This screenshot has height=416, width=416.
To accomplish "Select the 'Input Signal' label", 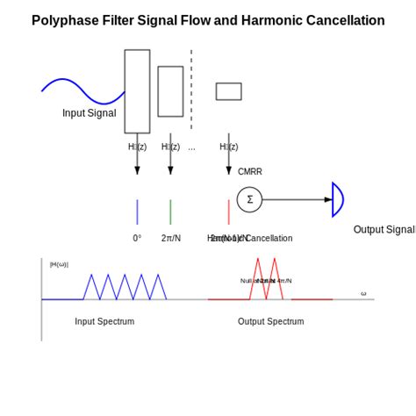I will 89,113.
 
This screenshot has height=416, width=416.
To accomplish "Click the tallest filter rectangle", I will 137,90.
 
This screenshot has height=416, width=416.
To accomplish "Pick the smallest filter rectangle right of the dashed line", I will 228,91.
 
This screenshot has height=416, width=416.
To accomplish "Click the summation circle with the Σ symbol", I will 249,199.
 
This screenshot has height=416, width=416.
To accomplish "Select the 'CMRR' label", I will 249,172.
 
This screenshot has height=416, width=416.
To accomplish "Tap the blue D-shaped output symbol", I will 337,199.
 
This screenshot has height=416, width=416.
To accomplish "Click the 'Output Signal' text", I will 384,230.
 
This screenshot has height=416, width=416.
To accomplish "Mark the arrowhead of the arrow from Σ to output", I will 328,199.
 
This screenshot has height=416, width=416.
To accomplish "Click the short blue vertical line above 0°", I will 137,212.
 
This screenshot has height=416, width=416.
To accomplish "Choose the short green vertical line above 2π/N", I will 170,212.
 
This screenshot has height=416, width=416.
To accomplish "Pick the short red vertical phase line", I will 229,212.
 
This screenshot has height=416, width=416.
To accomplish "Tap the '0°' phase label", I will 137,238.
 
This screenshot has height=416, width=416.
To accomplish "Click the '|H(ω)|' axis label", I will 59,264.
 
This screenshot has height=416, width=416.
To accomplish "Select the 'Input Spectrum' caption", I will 104,321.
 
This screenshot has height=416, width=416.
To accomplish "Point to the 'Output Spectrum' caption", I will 270,321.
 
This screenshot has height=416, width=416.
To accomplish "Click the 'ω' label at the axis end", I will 363,293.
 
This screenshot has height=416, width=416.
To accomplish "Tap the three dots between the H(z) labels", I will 191,147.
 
